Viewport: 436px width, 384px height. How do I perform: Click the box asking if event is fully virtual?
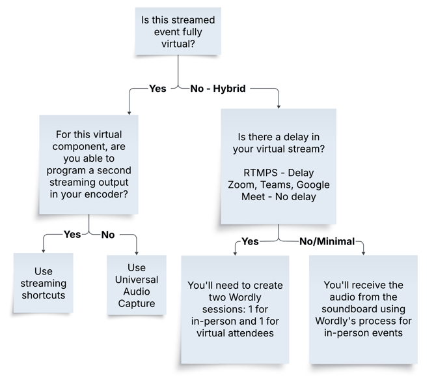pyautogui.click(x=178, y=31)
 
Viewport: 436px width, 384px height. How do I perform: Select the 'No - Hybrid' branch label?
pyautogui.click(x=217, y=88)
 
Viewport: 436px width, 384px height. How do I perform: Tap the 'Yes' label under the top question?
pyautogui.click(x=157, y=88)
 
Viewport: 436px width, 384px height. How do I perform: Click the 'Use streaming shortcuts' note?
pyautogui.click(x=43, y=282)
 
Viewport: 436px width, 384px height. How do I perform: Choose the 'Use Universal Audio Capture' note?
pyautogui.click(x=137, y=286)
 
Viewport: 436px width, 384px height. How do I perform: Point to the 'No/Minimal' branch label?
pyautogui.click(x=327, y=241)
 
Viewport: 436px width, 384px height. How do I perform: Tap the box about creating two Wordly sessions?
pyautogui.click(x=234, y=308)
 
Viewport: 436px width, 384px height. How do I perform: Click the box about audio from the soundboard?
pyautogui.click(x=363, y=308)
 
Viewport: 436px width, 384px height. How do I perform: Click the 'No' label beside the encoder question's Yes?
pyautogui.click(x=108, y=234)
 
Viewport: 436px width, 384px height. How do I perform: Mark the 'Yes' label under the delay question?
pyautogui.click(x=250, y=241)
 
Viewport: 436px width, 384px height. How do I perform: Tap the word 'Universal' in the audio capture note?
pyautogui.click(x=137, y=280)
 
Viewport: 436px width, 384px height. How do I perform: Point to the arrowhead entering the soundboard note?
pyautogui.click(x=363, y=252)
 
